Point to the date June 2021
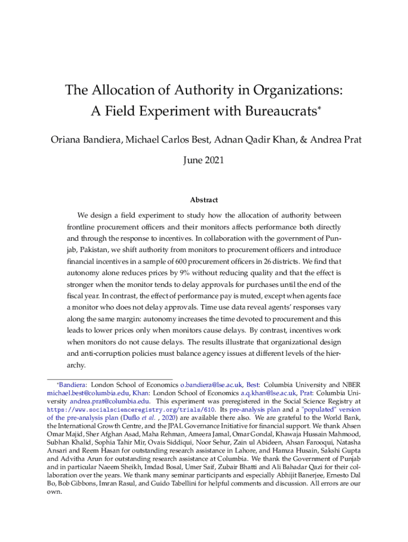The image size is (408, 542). click(204, 159)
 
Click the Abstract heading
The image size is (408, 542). click(204, 200)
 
